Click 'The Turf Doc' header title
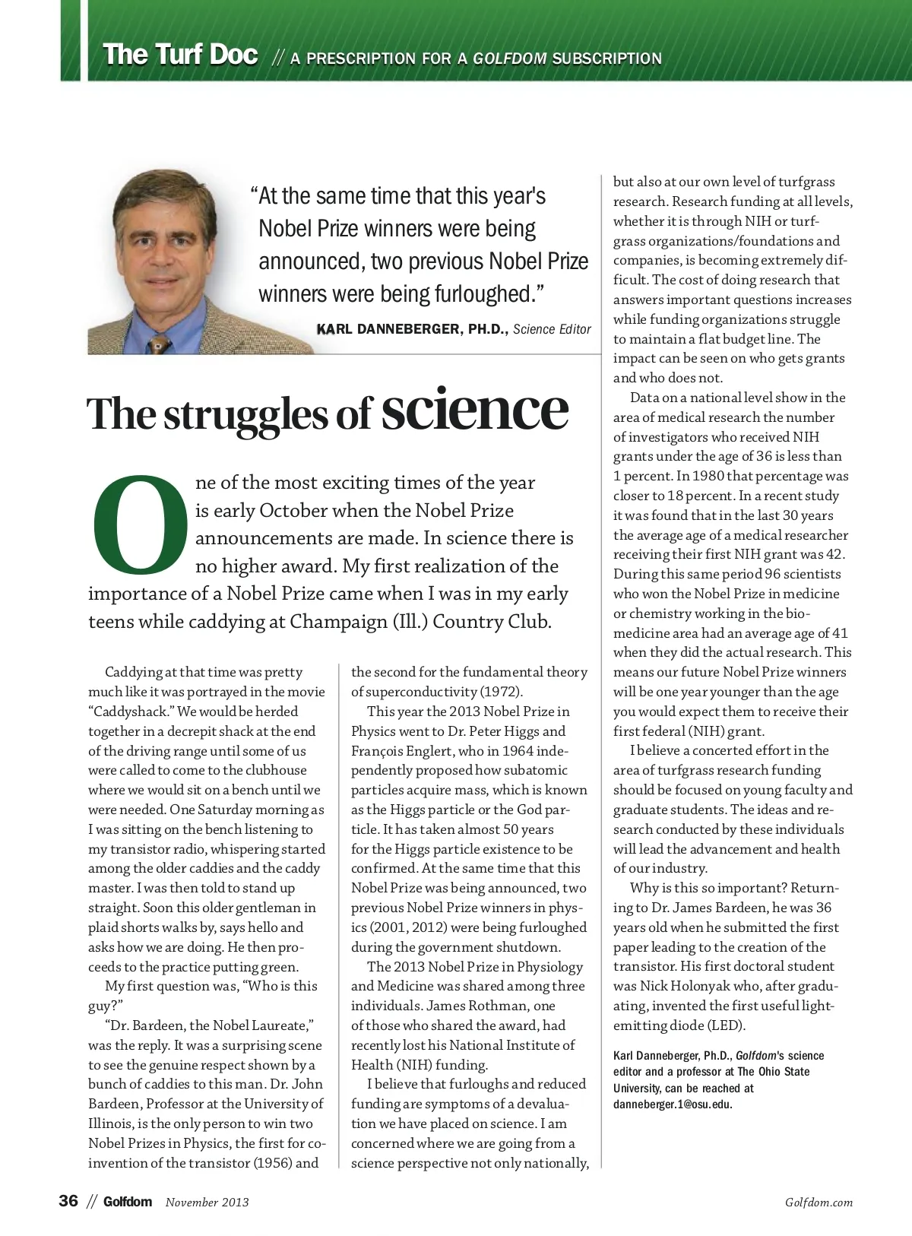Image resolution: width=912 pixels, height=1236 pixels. pyautogui.click(x=180, y=55)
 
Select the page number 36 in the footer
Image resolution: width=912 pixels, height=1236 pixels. pyautogui.click(x=68, y=1201)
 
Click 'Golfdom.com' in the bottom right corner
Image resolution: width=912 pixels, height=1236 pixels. pyautogui.click(x=819, y=1203)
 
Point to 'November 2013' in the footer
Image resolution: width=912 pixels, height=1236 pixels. pyautogui.click(x=207, y=1203)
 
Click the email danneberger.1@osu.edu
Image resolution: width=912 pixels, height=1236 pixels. pyautogui.click(x=673, y=1104)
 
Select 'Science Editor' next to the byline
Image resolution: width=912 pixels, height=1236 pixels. pyautogui.click(x=552, y=329)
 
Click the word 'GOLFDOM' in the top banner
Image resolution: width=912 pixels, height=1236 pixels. pyautogui.click(x=509, y=59)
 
